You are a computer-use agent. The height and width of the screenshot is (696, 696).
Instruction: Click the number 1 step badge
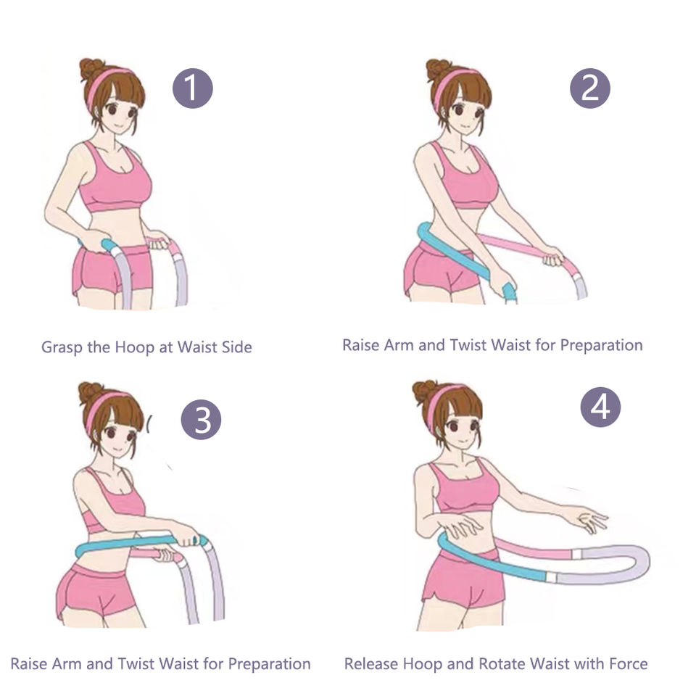coord(192,88)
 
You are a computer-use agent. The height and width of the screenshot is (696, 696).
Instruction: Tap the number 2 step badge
coord(589,88)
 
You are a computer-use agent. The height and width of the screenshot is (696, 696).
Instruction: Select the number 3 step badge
coord(201,420)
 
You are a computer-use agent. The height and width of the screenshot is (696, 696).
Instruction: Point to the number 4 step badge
coord(600,407)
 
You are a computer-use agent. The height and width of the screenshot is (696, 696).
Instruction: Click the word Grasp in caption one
coord(61,347)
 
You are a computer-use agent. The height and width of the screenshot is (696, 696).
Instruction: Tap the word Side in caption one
coord(236,347)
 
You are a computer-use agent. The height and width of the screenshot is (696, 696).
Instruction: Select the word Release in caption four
coord(371,663)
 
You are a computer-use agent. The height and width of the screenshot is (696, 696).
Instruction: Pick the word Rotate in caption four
coord(502,663)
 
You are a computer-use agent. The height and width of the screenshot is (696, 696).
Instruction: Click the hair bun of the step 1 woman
coord(91,68)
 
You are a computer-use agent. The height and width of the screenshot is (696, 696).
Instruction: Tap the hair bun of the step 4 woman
coord(424,391)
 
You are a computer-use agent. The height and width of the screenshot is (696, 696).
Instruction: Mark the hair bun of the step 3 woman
coord(90,392)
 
